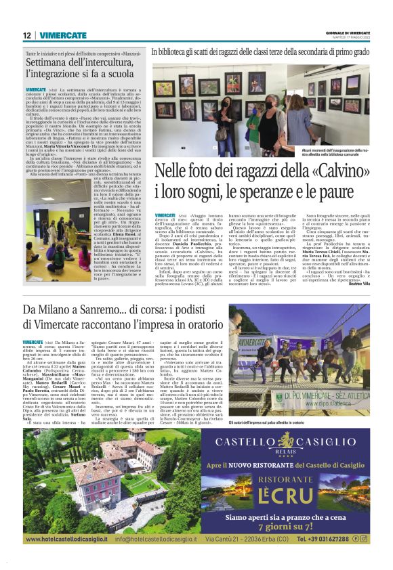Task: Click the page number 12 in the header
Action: [x=26, y=35]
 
